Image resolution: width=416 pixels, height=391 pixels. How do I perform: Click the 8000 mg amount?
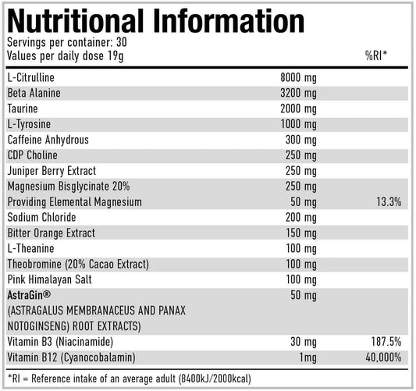298,77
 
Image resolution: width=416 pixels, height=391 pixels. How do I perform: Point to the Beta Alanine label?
34,93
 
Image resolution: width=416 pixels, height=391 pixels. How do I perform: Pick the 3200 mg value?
298,93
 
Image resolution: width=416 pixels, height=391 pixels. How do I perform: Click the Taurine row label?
23,108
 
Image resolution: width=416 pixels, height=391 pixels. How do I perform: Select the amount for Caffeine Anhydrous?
300,140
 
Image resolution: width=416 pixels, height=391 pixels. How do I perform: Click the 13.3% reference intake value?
388,202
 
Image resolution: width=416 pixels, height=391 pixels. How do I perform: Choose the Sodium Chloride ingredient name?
38,217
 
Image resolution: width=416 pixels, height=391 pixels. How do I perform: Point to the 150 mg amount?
300,233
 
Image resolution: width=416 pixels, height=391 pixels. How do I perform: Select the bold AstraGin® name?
29,295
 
